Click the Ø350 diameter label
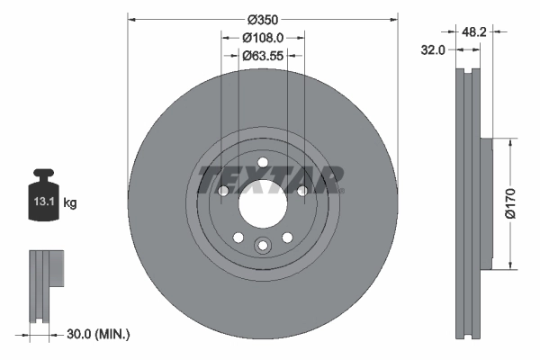pyautogui.click(x=262, y=20)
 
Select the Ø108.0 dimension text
pyautogui.click(x=263, y=38)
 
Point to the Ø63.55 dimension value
pyautogui.click(x=263, y=55)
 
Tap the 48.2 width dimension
pyautogui.click(x=474, y=31)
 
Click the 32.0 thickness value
pyautogui.click(x=435, y=50)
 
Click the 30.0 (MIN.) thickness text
pyautogui.click(x=99, y=334)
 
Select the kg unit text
pyautogui.click(x=70, y=203)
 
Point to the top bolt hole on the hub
pyautogui.click(x=263, y=163)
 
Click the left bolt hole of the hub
pyautogui.click(x=223, y=191)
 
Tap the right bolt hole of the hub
pyautogui.click(x=302, y=191)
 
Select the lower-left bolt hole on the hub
pyautogui.click(x=238, y=237)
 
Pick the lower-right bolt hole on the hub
pyautogui.click(x=287, y=237)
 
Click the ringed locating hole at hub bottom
pyautogui.click(x=263, y=246)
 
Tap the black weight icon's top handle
pyautogui.click(x=44, y=175)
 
